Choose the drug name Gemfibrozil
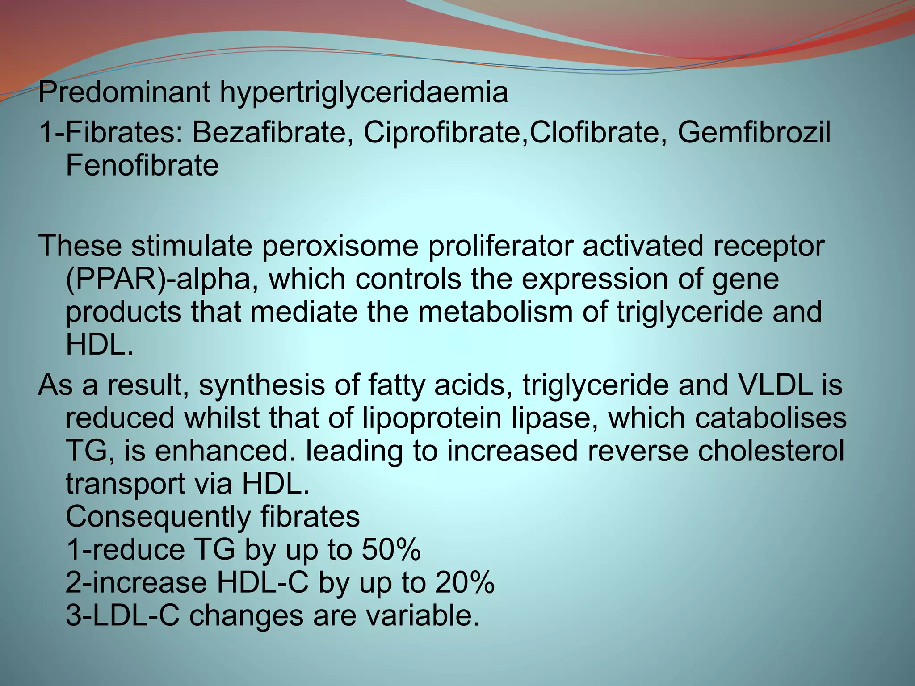(755, 133)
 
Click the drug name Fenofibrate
(142, 165)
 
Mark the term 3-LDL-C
(123, 615)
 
